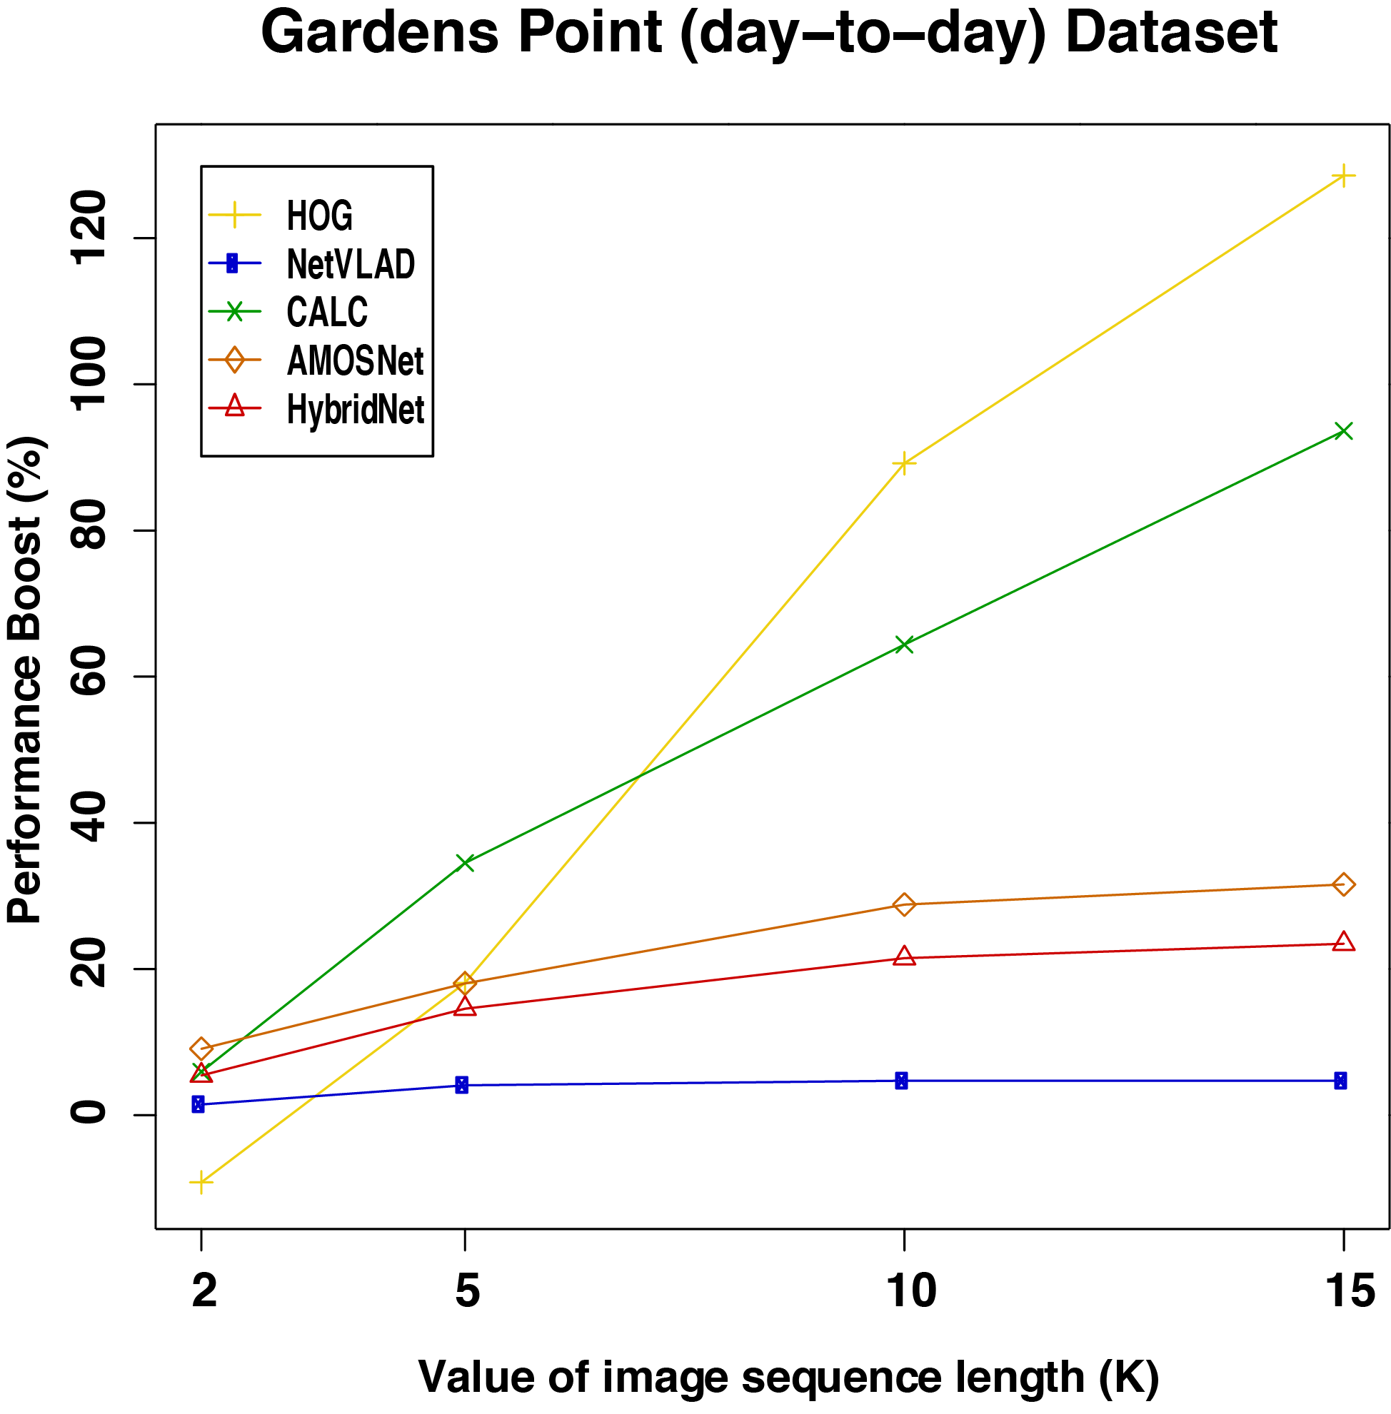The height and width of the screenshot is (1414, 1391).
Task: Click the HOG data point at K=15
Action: [1342, 177]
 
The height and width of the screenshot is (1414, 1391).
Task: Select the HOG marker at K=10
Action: [905, 463]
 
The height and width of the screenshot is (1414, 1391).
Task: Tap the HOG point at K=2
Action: [201, 1182]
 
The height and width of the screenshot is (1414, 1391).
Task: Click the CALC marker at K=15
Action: [1342, 431]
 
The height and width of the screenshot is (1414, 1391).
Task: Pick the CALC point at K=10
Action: [905, 645]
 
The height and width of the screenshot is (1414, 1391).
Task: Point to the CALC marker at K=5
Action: [465, 862]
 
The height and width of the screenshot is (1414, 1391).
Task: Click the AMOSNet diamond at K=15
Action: [1342, 884]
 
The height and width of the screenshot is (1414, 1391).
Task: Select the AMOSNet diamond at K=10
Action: [905, 904]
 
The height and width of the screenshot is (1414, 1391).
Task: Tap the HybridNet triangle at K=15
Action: [1342, 942]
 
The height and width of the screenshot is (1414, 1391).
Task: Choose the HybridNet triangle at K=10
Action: [905, 956]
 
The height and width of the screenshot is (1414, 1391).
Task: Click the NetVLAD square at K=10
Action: [902, 1081]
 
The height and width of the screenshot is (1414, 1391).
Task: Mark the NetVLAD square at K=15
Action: [1340, 1081]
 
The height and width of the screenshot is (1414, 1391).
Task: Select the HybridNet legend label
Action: [355, 409]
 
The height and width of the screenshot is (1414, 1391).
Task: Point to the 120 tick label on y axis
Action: [88, 226]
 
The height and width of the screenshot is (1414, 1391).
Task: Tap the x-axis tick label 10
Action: [911, 1291]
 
